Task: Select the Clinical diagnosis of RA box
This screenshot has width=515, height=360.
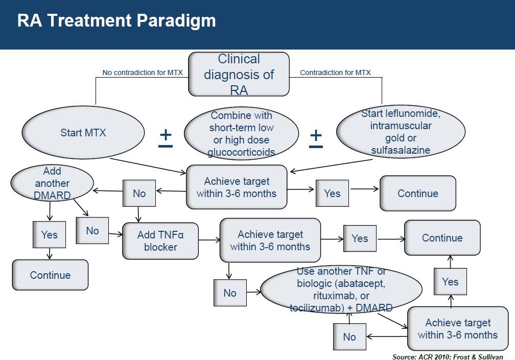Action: point(239,75)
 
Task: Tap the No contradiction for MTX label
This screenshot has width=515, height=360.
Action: point(143,73)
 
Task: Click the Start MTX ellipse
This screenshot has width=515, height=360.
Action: point(83,133)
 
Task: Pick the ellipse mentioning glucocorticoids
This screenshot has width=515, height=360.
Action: point(241,133)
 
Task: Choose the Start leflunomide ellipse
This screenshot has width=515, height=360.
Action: point(401,132)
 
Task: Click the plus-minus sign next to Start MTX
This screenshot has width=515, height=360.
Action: point(166,137)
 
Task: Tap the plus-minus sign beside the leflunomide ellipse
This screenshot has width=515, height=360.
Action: point(316,137)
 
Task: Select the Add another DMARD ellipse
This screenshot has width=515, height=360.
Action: point(53,183)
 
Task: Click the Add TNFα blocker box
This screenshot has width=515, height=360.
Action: point(160,241)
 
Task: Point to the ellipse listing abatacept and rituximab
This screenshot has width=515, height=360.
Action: point(341,290)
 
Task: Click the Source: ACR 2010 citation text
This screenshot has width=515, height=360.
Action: point(447,356)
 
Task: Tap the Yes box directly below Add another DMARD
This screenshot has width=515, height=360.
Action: point(50,235)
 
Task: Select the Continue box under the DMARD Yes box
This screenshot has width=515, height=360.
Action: point(50,275)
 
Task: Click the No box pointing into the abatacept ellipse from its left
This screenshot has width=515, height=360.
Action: point(230,293)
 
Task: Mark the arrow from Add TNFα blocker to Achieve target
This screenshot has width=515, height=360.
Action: point(209,239)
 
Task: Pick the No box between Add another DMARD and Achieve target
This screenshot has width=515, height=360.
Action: point(139,194)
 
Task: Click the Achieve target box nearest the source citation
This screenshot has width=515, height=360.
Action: point(457,329)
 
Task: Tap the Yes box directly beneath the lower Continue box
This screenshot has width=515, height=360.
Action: point(450,282)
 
